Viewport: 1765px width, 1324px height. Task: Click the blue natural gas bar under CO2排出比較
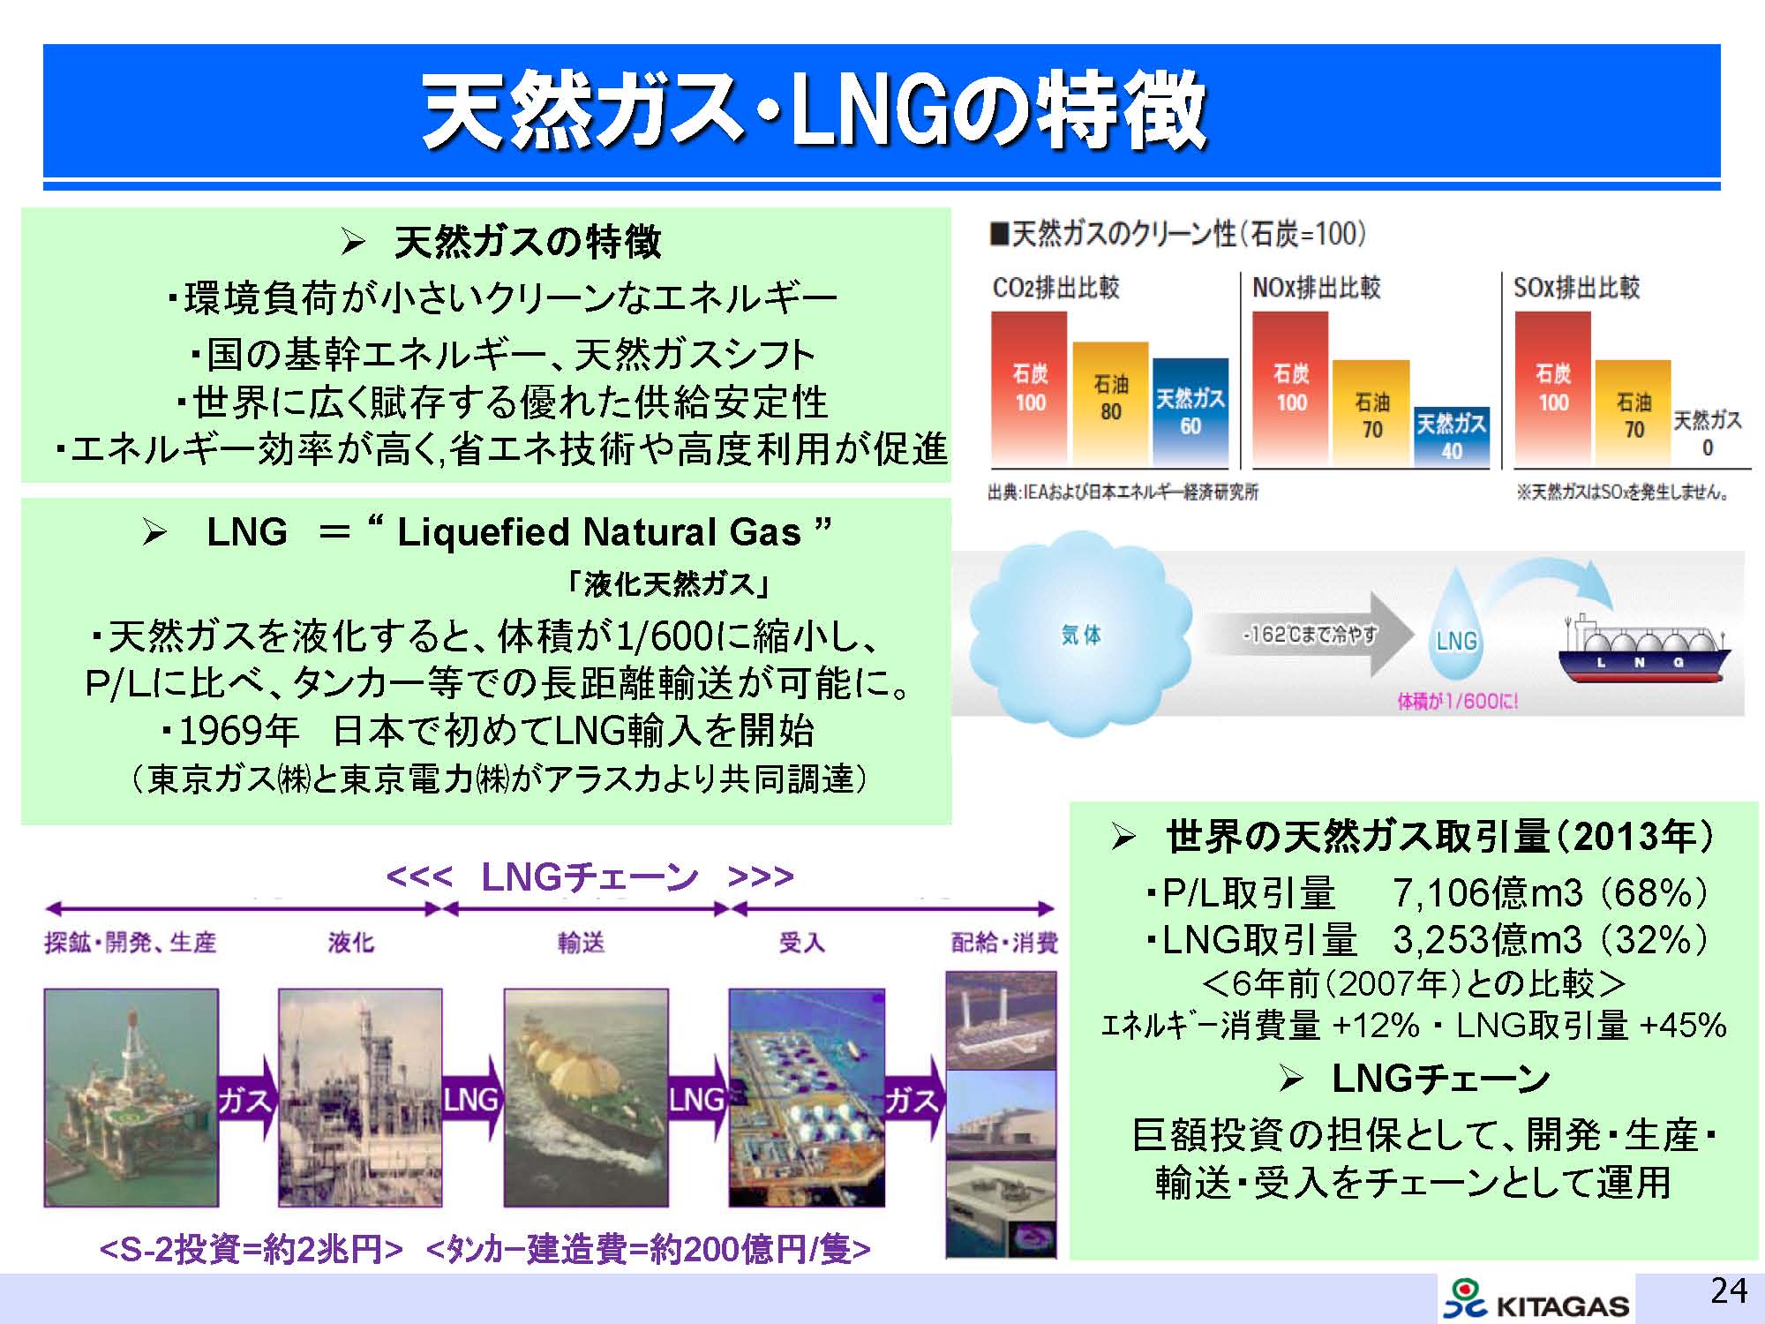[1190, 412]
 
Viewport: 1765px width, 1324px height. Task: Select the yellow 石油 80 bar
[1110, 404]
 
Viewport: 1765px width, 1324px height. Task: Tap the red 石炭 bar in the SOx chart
[1552, 388]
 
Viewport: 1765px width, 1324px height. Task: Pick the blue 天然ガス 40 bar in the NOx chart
[1452, 437]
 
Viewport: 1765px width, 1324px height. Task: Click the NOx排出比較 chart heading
[1316, 288]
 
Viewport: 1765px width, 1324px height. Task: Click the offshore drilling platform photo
[131, 1097]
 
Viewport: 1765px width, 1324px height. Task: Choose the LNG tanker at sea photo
[585, 1097]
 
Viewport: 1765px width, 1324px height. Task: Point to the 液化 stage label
[351, 943]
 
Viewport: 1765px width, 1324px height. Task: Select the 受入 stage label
[801, 943]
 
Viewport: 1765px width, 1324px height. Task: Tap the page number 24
[1729, 1290]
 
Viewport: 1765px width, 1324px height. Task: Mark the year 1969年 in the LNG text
[238, 730]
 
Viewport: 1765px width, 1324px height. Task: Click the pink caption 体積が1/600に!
[1458, 702]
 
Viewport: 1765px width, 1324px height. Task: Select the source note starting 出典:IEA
[1123, 492]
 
